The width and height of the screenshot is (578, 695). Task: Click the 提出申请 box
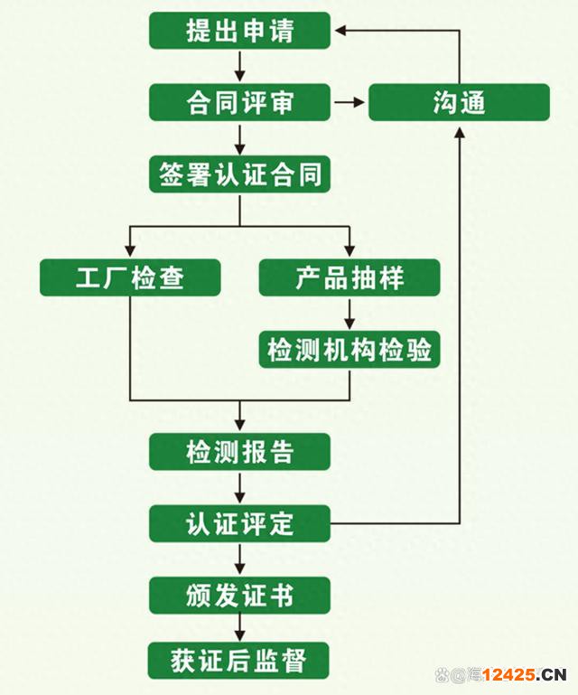click(240, 31)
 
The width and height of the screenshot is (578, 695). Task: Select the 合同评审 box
click(240, 102)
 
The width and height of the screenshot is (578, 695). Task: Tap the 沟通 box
click(459, 102)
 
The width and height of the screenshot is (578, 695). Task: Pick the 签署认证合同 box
click(240, 174)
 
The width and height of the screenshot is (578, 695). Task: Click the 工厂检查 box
click(130, 277)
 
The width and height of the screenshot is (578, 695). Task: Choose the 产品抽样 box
click(350, 277)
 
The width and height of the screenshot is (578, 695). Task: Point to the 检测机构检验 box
click(350, 350)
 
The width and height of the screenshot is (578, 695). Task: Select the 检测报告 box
click(240, 451)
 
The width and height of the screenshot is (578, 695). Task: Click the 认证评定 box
click(240, 523)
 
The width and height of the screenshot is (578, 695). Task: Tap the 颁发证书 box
click(240, 596)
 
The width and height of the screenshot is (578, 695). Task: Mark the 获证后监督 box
click(240, 660)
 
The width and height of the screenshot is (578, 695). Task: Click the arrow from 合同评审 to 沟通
click(348, 102)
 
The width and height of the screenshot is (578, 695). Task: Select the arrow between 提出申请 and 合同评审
click(240, 66)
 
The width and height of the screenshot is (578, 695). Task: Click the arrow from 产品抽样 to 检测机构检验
click(350, 314)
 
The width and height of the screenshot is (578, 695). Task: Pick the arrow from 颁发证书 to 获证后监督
click(240, 628)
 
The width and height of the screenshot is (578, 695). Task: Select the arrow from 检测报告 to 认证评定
click(240, 487)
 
